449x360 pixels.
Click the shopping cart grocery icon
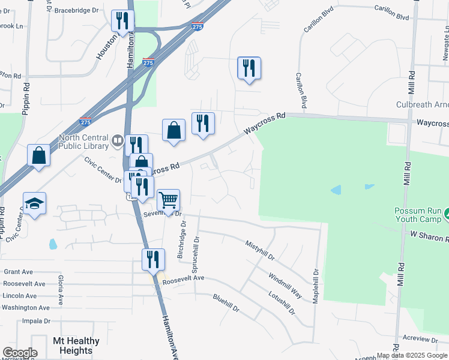168,200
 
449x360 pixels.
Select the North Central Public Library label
83,140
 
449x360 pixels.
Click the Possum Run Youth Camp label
418,215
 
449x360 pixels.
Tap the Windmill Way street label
285,286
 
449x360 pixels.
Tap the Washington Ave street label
25,308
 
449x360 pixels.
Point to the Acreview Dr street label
420,338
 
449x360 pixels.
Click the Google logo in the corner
20,353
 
